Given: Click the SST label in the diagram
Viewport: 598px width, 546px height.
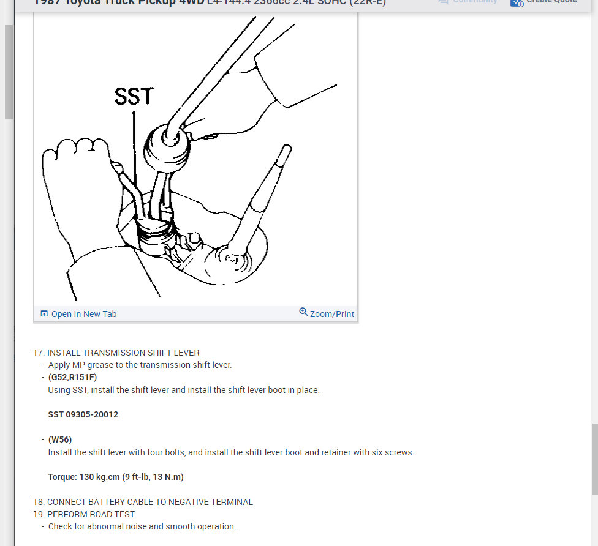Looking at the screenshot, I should click(134, 96).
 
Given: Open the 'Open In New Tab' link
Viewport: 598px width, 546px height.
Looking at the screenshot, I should click(83, 314).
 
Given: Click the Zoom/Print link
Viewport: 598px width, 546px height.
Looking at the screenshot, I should click(331, 314).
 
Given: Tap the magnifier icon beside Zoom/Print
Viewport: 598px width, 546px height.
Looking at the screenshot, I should click(303, 312).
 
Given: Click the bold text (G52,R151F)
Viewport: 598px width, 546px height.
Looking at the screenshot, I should click(72, 377).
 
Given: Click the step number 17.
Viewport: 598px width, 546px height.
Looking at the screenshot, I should click(39, 353).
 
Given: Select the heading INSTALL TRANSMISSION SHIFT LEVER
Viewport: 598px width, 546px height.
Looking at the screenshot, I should click(123, 353).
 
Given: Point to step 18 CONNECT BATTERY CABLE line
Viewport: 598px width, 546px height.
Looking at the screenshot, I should click(149, 502).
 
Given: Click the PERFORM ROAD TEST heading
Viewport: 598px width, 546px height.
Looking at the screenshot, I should click(91, 514).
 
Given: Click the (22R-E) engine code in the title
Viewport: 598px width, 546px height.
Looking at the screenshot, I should click(366, 2).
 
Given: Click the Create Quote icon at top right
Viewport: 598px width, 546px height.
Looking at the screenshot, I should click(517, 2).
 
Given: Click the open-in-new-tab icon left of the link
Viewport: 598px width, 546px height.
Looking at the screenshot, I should click(44, 314).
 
